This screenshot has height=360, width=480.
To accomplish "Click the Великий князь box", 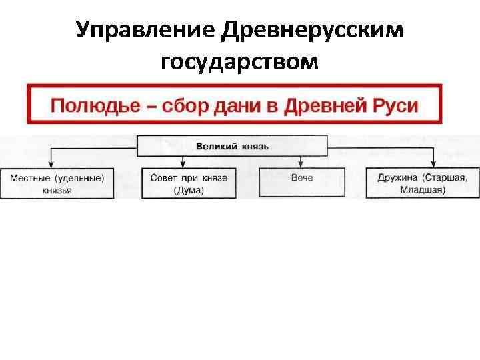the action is point(232,145).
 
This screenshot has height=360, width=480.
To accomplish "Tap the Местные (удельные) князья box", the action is point(57,183).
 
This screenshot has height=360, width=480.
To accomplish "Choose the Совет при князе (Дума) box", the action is point(189,183).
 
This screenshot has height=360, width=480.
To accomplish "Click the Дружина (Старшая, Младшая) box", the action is point(422,183).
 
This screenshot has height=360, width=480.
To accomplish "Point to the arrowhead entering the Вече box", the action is point(301,163).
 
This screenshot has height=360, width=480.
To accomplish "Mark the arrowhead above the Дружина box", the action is point(434,163).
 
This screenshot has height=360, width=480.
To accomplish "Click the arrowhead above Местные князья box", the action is point(51,163).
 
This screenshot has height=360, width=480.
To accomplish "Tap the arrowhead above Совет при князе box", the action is point(183,163).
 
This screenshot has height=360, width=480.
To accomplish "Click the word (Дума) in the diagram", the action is point(189,190).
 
